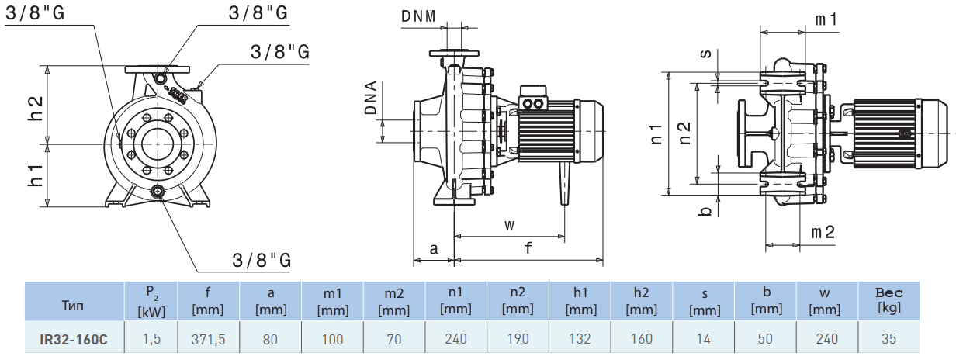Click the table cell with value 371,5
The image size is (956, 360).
pyautogui.click(x=209, y=338)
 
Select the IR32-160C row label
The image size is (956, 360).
pyautogui.click(x=74, y=338)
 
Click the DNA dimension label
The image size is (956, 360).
pyautogui.click(x=372, y=99)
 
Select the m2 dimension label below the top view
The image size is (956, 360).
pyautogui.click(x=823, y=232)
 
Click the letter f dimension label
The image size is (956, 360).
pyautogui.click(x=528, y=249)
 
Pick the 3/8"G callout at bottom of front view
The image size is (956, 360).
pyautogui.click(x=262, y=260)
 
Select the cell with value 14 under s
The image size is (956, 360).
pyautogui.click(x=704, y=338)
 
